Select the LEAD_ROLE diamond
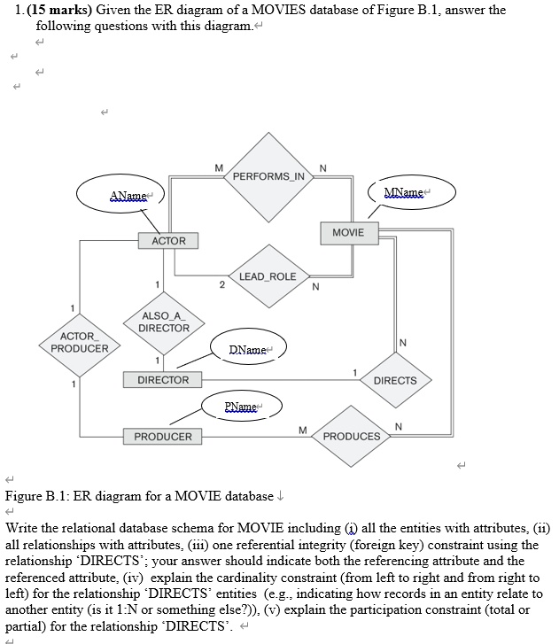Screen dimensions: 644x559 268,276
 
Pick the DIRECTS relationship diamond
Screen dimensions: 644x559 395,380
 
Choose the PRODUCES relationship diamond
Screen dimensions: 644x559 352,436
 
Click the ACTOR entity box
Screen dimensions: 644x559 168,241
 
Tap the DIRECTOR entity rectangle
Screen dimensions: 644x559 163,380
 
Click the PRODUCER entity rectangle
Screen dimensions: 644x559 163,437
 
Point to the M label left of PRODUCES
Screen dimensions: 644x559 302,430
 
